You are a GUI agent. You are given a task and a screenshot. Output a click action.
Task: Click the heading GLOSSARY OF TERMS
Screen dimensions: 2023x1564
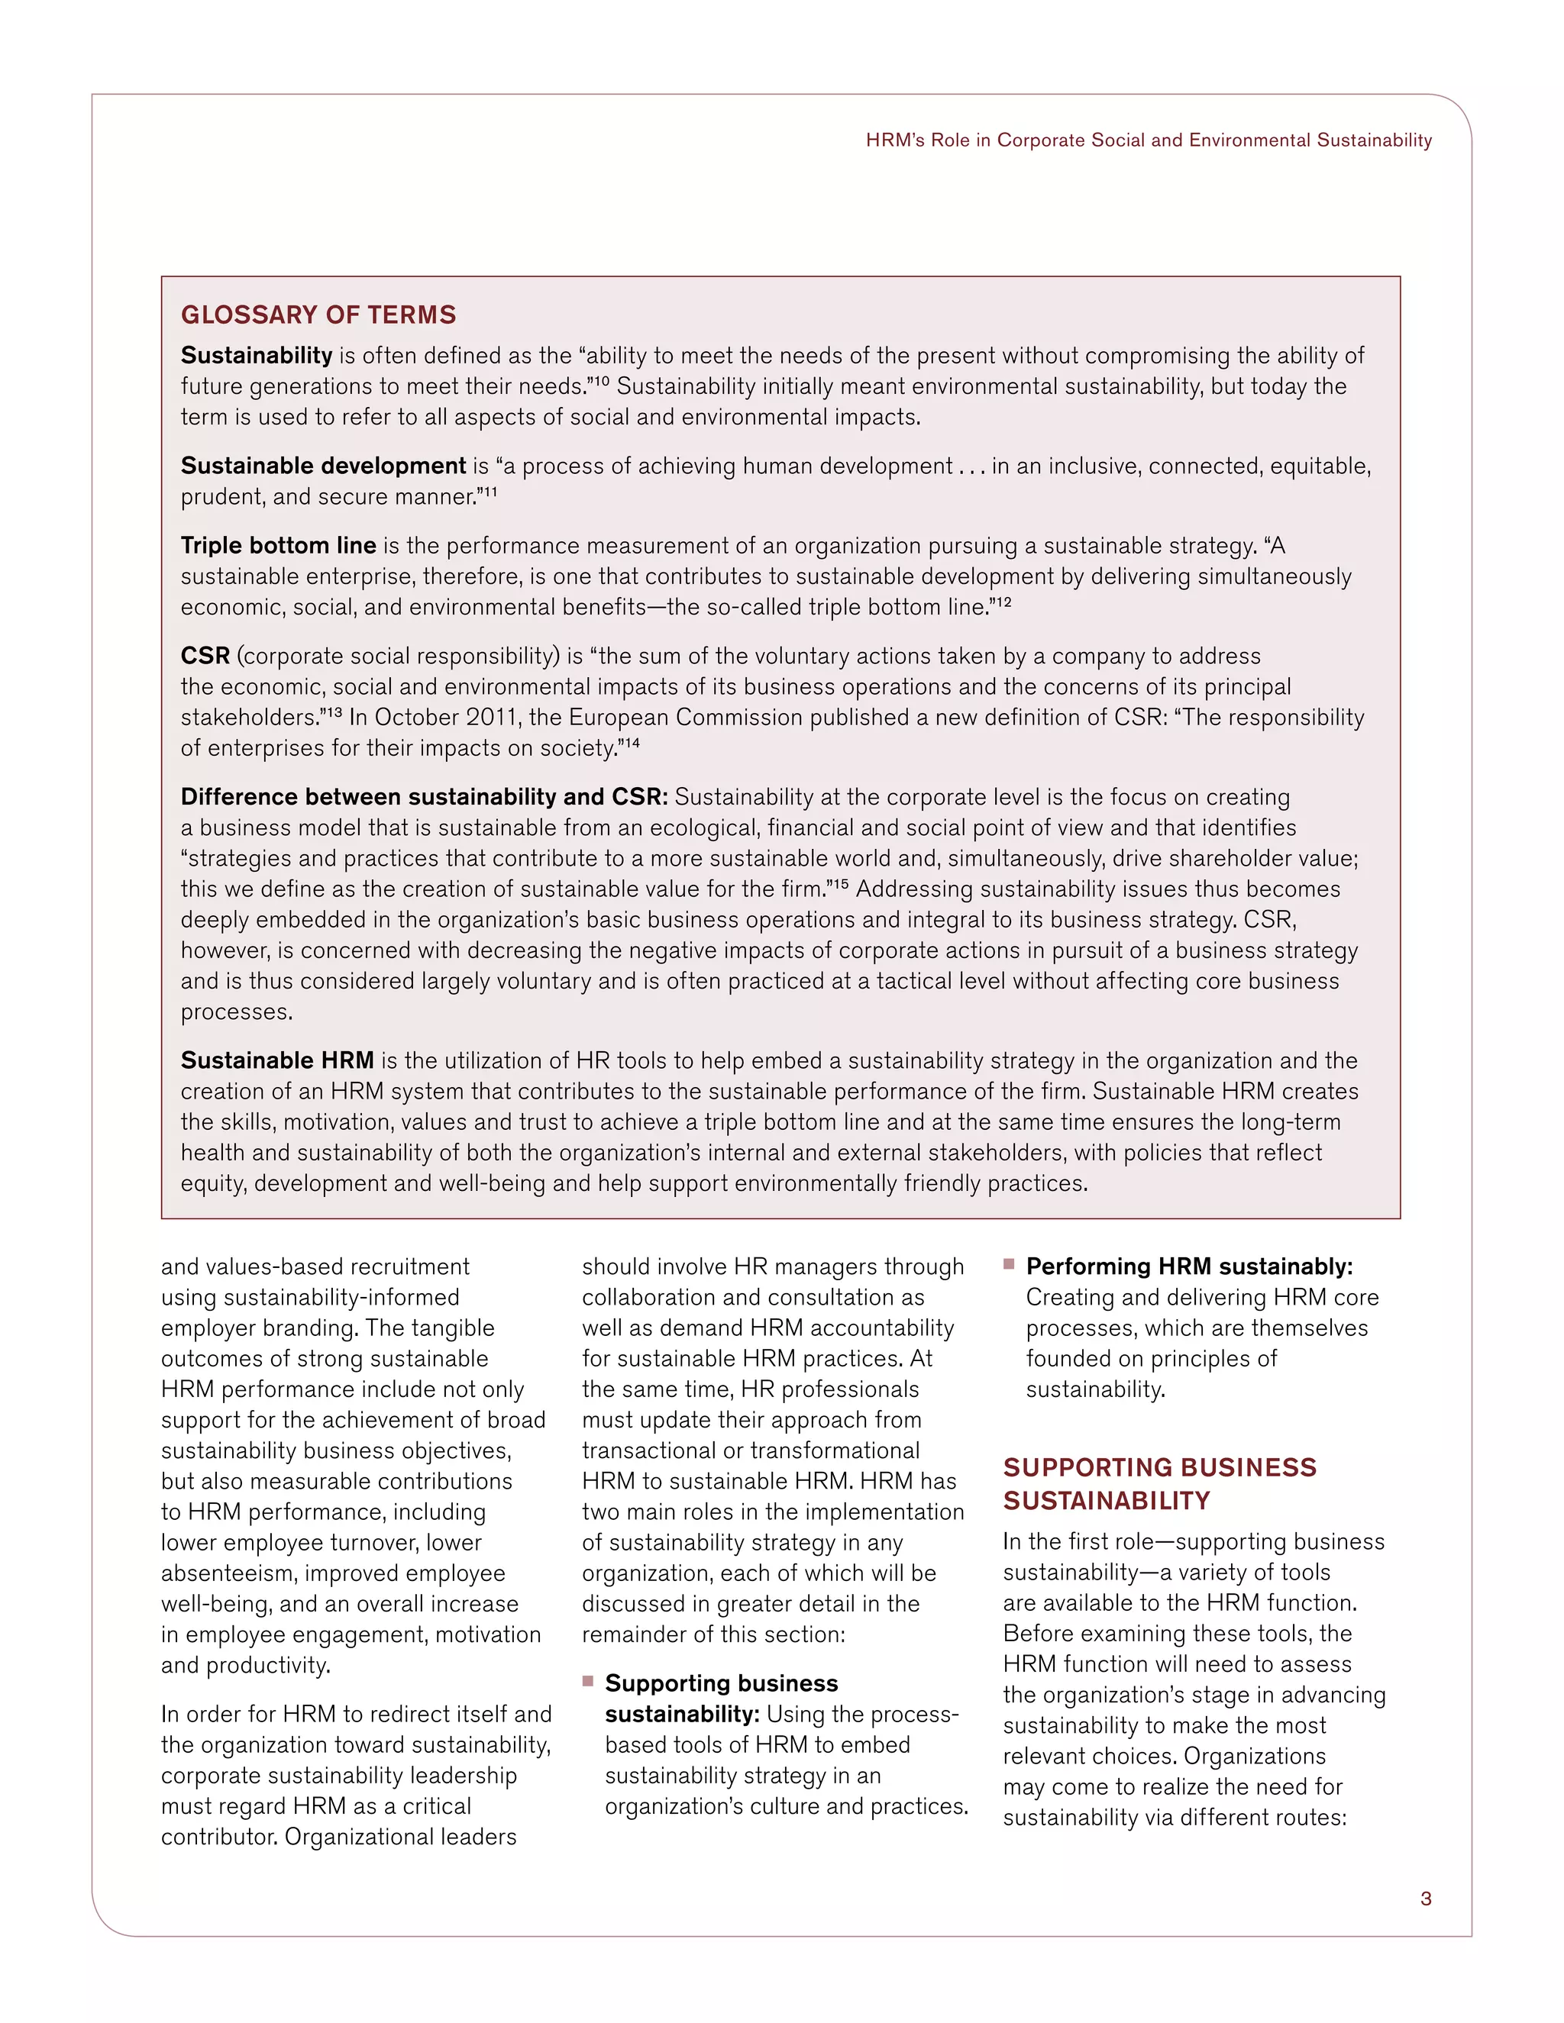(318, 315)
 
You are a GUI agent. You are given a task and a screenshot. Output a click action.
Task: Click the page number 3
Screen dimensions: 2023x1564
(1425, 1898)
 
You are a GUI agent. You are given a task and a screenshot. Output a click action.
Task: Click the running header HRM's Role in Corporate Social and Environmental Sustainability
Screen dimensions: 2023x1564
(1148, 140)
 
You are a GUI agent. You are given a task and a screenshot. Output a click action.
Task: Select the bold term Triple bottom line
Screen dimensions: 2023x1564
(278, 544)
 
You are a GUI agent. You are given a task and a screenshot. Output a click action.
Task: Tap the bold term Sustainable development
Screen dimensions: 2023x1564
(322, 465)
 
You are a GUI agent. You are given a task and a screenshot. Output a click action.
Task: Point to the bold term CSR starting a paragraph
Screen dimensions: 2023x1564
(205, 656)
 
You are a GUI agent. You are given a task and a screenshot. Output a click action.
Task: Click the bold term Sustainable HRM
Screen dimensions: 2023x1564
(277, 1060)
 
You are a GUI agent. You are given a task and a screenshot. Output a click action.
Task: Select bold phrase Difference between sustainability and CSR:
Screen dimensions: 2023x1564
(423, 796)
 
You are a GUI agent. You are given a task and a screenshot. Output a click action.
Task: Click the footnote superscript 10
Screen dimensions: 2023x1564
(600, 381)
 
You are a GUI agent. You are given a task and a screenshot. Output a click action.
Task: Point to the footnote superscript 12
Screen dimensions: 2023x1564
(1003, 602)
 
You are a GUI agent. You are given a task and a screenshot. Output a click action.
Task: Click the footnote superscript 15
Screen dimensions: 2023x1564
(839, 884)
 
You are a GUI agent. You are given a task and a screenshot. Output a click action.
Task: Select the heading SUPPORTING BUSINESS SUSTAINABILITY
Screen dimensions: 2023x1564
(1158, 1483)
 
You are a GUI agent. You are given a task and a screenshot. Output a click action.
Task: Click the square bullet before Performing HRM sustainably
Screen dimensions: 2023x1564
(1009, 1263)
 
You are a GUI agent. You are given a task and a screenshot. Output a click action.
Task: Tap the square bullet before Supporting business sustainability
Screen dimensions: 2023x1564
(587, 1680)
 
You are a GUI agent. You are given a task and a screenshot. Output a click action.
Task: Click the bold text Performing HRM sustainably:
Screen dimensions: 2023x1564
(1189, 1266)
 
